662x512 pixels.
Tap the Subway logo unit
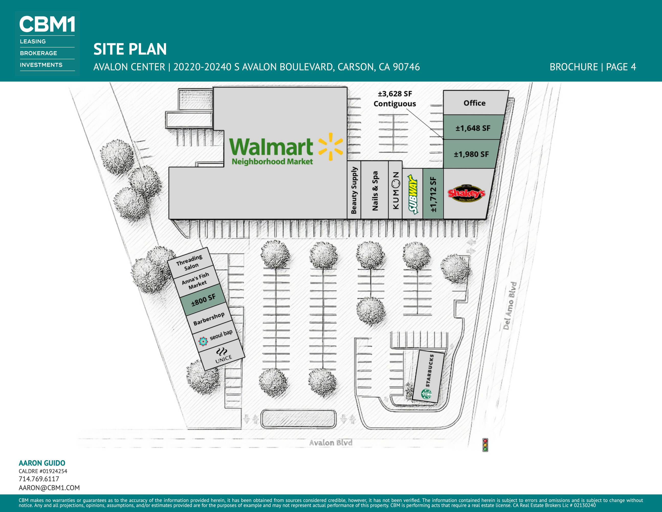pyautogui.click(x=413, y=194)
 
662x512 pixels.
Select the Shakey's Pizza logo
pyautogui.click(x=466, y=193)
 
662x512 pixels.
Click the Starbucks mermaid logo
pyautogui.click(x=426, y=394)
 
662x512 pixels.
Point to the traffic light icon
pyautogui.click(x=485, y=445)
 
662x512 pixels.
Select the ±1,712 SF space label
pyautogui.click(x=433, y=194)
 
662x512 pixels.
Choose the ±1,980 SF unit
pyautogui.click(x=471, y=154)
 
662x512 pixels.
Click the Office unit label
pyautogui.click(x=474, y=103)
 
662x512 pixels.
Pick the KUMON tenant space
pyautogui.click(x=395, y=190)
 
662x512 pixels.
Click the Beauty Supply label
pyautogui.click(x=354, y=190)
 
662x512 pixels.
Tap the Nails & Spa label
pyautogui.click(x=375, y=191)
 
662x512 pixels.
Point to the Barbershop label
pyautogui.click(x=209, y=318)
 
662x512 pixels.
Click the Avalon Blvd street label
pyautogui.click(x=331, y=443)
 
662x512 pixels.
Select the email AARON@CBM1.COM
pyautogui.click(x=49, y=488)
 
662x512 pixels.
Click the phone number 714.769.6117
pyautogui.click(x=39, y=479)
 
